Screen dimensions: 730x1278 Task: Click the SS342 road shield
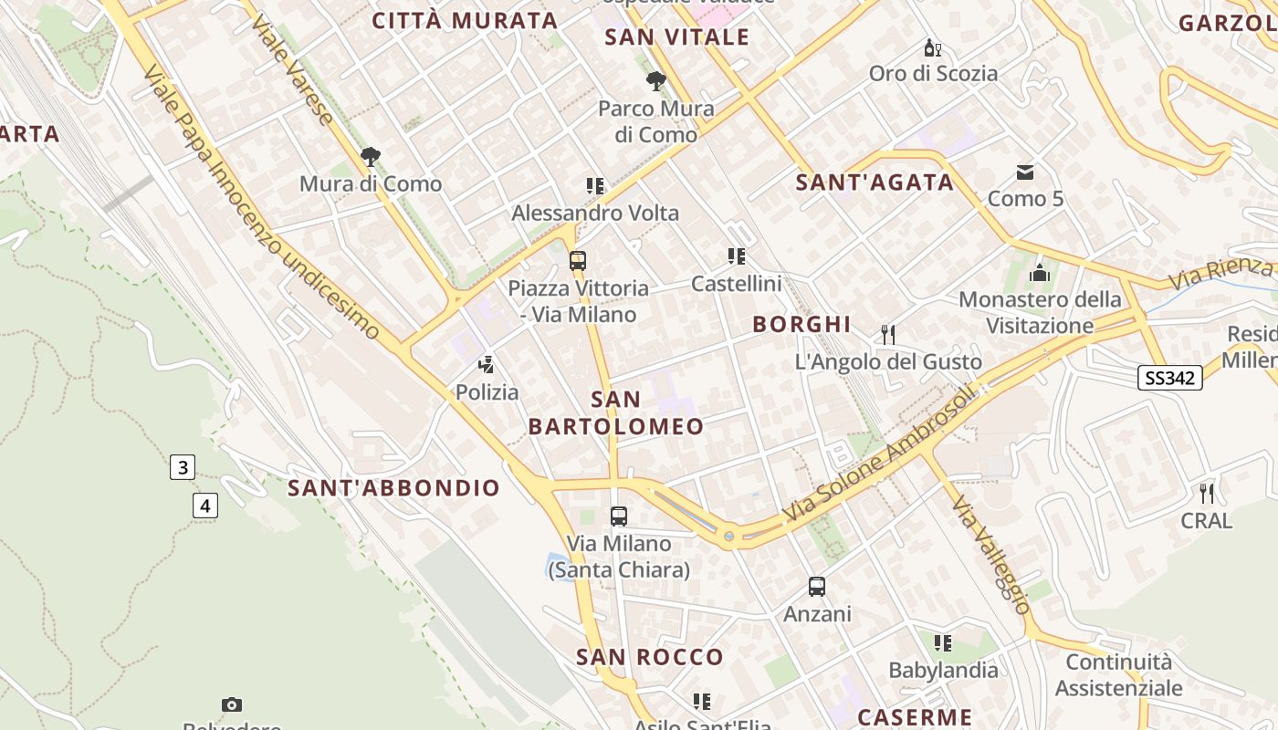pyautogui.click(x=1169, y=378)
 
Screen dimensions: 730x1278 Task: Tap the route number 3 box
pyautogui.click(x=183, y=468)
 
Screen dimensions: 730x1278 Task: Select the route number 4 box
pyautogui.click(x=205, y=505)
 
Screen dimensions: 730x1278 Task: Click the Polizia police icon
pyautogui.click(x=487, y=366)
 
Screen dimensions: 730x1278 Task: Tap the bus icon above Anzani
pyautogui.click(x=817, y=587)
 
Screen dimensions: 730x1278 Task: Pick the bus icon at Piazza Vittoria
pyautogui.click(x=577, y=261)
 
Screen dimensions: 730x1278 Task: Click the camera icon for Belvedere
pyautogui.click(x=232, y=704)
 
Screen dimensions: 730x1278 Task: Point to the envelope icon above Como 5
pyautogui.click(x=1025, y=172)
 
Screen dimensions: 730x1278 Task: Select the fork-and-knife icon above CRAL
pyautogui.click(x=1207, y=494)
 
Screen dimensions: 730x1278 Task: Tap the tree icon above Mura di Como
pyautogui.click(x=370, y=157)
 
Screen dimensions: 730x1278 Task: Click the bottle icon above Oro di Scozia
pyautogui.click(x=932, y=47)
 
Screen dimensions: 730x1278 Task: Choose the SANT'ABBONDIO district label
pyautogui.click(x=394, y=488)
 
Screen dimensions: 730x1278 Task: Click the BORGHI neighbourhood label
pyautogui.click(x=801, y=324)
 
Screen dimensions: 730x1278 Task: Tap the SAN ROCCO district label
pyautogui.click(x=649, y=657)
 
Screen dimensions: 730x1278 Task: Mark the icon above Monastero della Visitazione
pyautogui.click(x=1039, y=273)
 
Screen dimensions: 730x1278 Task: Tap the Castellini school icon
pyautogui.click(x=736, y=256)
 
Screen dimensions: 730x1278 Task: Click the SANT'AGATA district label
pyautogui.click(x=875, y=182)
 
